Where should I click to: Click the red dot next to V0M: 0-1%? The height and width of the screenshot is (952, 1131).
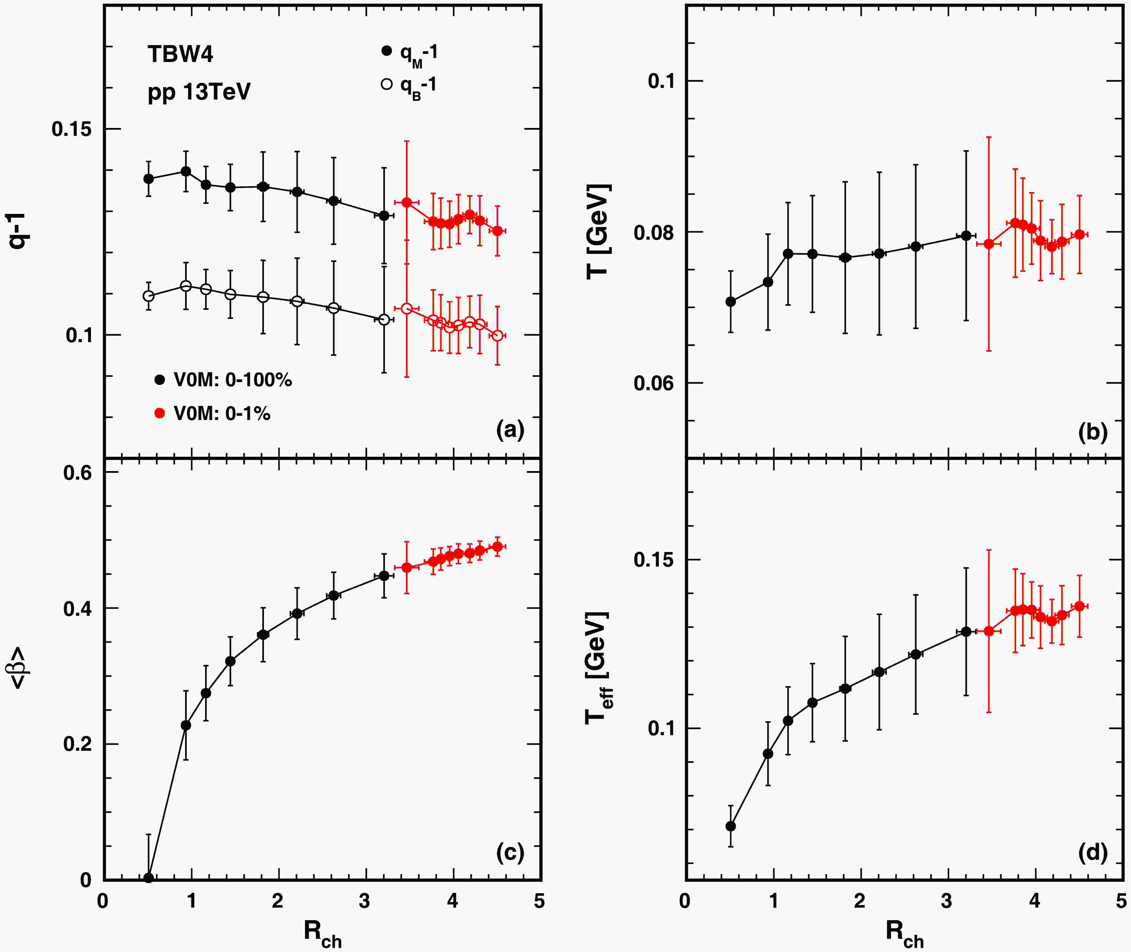pyautogui.click(x=159, y=413)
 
